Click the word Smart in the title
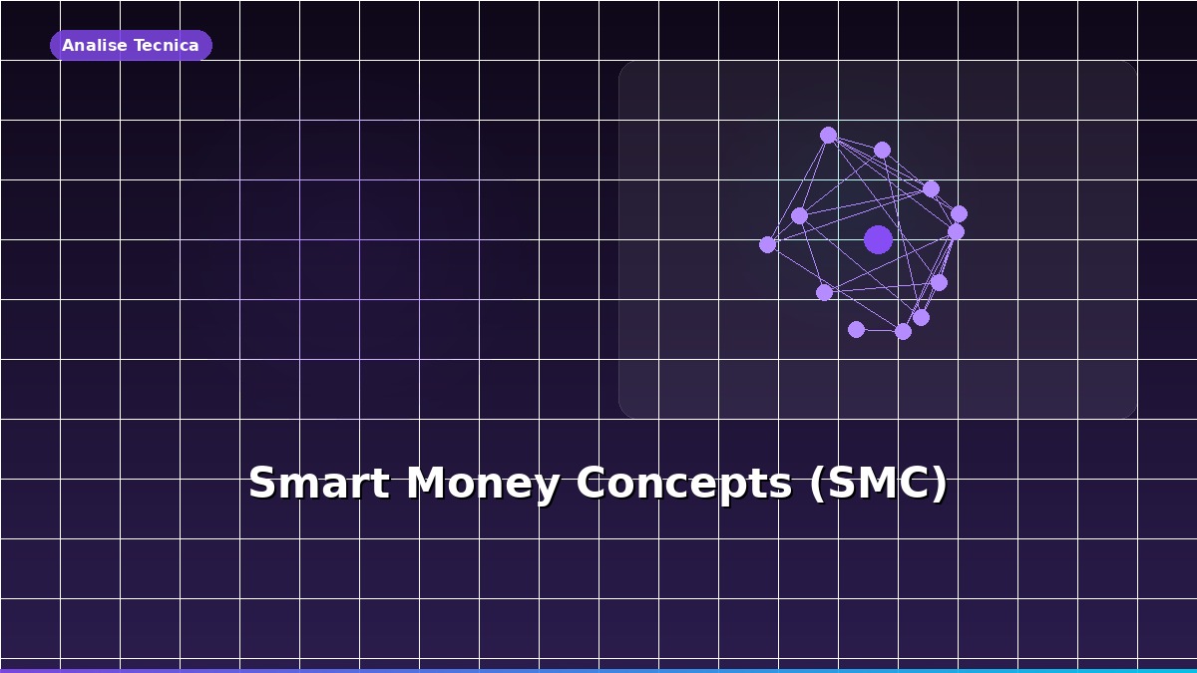tap(318, 485)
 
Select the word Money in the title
tap(482, 485)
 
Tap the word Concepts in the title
tap(683, 485)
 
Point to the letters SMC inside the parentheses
tap(876, 485)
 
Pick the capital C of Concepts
tap(593, 485)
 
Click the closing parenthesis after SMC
tap(938, 485)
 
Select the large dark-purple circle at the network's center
tap(878, 239)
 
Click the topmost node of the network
tap(828, 135)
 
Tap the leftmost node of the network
tap(767, 244)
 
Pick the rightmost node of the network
tap(959, 213)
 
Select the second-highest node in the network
tap(882, 150)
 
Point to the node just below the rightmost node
tap(956, 231)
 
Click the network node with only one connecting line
tap(856, 329)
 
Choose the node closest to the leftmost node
tap(799, 215)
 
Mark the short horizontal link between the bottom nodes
tap(879, 330)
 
